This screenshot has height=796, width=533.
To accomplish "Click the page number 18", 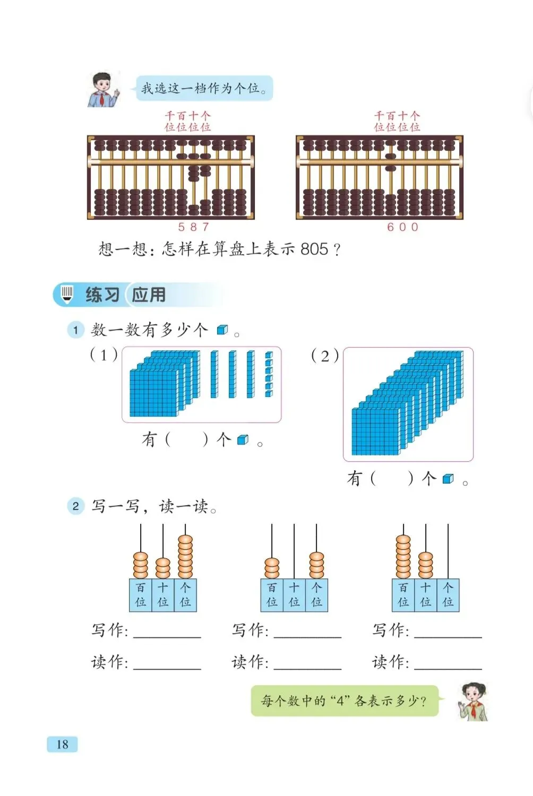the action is (x=62, y=744).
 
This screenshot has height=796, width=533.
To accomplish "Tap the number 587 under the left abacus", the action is (x=193, y=227).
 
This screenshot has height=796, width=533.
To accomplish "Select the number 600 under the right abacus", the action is (x=402, y=227).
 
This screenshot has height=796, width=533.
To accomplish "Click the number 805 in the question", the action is (x=314, y=248).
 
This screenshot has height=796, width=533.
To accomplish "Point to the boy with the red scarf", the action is (x=102, y=90).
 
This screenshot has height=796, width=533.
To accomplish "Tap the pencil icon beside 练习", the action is (x=67, y=294).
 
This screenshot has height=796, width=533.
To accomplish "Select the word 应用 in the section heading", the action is (x=149, y=295).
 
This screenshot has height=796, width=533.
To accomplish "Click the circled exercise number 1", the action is (x=75, y=330).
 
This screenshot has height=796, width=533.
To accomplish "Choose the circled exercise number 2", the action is (x=75, y=506).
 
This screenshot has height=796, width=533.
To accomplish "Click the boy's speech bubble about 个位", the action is (x=204, y=88).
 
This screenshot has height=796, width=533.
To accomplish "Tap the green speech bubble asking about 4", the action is (x=344, y=701).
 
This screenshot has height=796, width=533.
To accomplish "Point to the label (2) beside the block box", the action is (x=324, y=356).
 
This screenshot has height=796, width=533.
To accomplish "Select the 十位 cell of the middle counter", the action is (x=294, y=595).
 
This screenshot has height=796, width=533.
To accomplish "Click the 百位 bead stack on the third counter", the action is (x=403, y=556).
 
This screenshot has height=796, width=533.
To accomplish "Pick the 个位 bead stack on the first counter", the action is (x=185, y=556).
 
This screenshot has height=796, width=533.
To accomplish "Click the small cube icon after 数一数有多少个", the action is (x=222, y=330).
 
